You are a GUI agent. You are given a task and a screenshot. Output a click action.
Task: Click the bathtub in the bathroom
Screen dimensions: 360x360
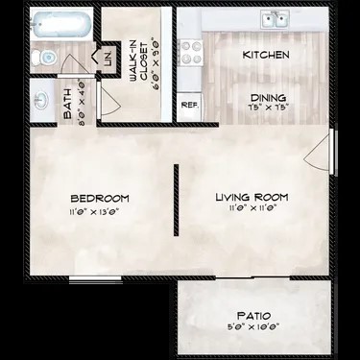click(60, 25)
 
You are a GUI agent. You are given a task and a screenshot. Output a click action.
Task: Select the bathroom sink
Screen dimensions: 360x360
click(42, 97)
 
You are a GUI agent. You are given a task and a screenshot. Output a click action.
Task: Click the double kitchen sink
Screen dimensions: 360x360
click(276, 18)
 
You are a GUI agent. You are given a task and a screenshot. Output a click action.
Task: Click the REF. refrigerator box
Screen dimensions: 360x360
click(189, 104)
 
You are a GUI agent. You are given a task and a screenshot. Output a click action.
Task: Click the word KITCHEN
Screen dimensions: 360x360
click(266, 56)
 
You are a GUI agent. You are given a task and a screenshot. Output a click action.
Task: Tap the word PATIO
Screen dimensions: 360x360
click(253, 315)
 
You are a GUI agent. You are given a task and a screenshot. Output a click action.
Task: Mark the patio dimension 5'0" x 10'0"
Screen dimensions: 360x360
click(253, 325)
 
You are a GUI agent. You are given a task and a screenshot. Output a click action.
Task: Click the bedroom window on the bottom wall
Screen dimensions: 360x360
click(96, 278)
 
